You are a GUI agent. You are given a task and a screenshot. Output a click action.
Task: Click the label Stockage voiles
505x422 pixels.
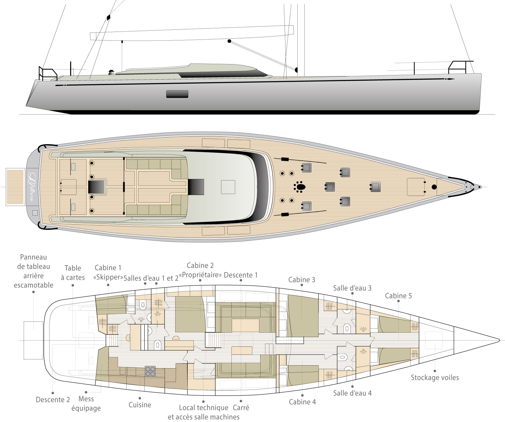[x=435, y=378]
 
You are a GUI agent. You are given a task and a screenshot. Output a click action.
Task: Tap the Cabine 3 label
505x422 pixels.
[x=302, y=280]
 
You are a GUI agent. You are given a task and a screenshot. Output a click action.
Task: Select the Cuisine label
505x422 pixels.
[x=140, y=405]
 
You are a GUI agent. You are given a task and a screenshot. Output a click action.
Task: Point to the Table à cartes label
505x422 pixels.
[x=73, y=273]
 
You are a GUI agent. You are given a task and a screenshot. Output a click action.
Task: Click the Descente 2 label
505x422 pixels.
[x=53, y=400]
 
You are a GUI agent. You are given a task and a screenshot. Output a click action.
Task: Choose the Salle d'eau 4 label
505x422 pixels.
[x=352, y=393]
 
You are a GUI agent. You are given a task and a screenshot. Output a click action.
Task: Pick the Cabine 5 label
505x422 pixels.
[x=398, y=296]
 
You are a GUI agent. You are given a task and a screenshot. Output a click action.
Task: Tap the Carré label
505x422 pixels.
[x=241, y=407]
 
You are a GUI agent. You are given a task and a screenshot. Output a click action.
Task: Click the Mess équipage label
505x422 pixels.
[x=86, y=403]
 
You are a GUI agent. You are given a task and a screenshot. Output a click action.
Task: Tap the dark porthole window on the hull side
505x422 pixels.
[x=177, y=94]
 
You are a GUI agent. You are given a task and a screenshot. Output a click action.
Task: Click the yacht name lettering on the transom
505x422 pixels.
[x=32, y=185]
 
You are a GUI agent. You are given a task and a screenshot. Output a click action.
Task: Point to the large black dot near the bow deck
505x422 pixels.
[x=434, y=187]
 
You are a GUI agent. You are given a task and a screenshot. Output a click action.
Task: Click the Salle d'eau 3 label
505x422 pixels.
[x=352, y=288]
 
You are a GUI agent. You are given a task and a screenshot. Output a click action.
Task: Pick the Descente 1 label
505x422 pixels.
[x=241, y=275]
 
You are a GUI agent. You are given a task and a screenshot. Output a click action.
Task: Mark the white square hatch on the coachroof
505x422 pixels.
[x=228, y=187]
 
